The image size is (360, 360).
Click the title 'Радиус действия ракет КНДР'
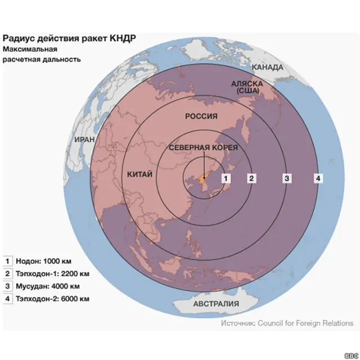tap(69, 38)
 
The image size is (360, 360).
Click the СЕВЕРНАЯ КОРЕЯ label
tap(204, 148)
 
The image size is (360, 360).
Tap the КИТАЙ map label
tap(140, 174)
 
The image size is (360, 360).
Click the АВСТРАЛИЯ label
tap(216, 304)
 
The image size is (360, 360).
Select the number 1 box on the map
tap(226, 178)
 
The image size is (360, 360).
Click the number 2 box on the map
tap(252, 178)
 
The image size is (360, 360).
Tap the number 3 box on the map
tap(286, 178)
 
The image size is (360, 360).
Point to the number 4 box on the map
tap(318, 178)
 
